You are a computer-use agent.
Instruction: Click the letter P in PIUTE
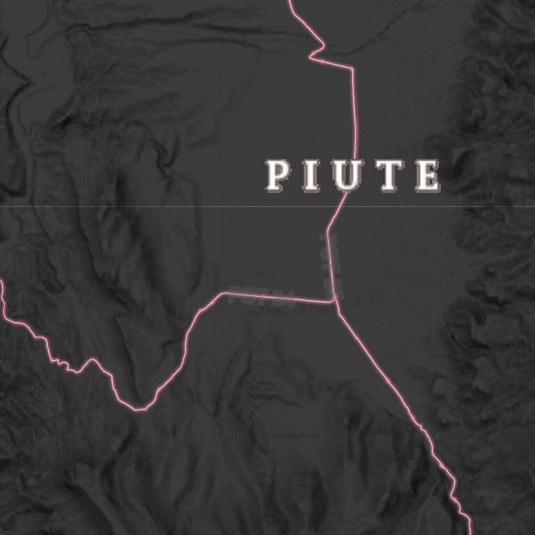[x=278, y=176]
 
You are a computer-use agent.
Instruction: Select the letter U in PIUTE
[x=347, y=176]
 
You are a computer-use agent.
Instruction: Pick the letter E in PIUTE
[x=426, y=176]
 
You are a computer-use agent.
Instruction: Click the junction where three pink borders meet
[x=335, y=302]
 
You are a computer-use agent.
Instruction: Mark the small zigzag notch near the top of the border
[x=318, y=50]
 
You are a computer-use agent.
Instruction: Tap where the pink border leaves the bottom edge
[x=469, y=533]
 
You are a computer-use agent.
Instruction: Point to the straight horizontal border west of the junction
[x=279, y=297]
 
